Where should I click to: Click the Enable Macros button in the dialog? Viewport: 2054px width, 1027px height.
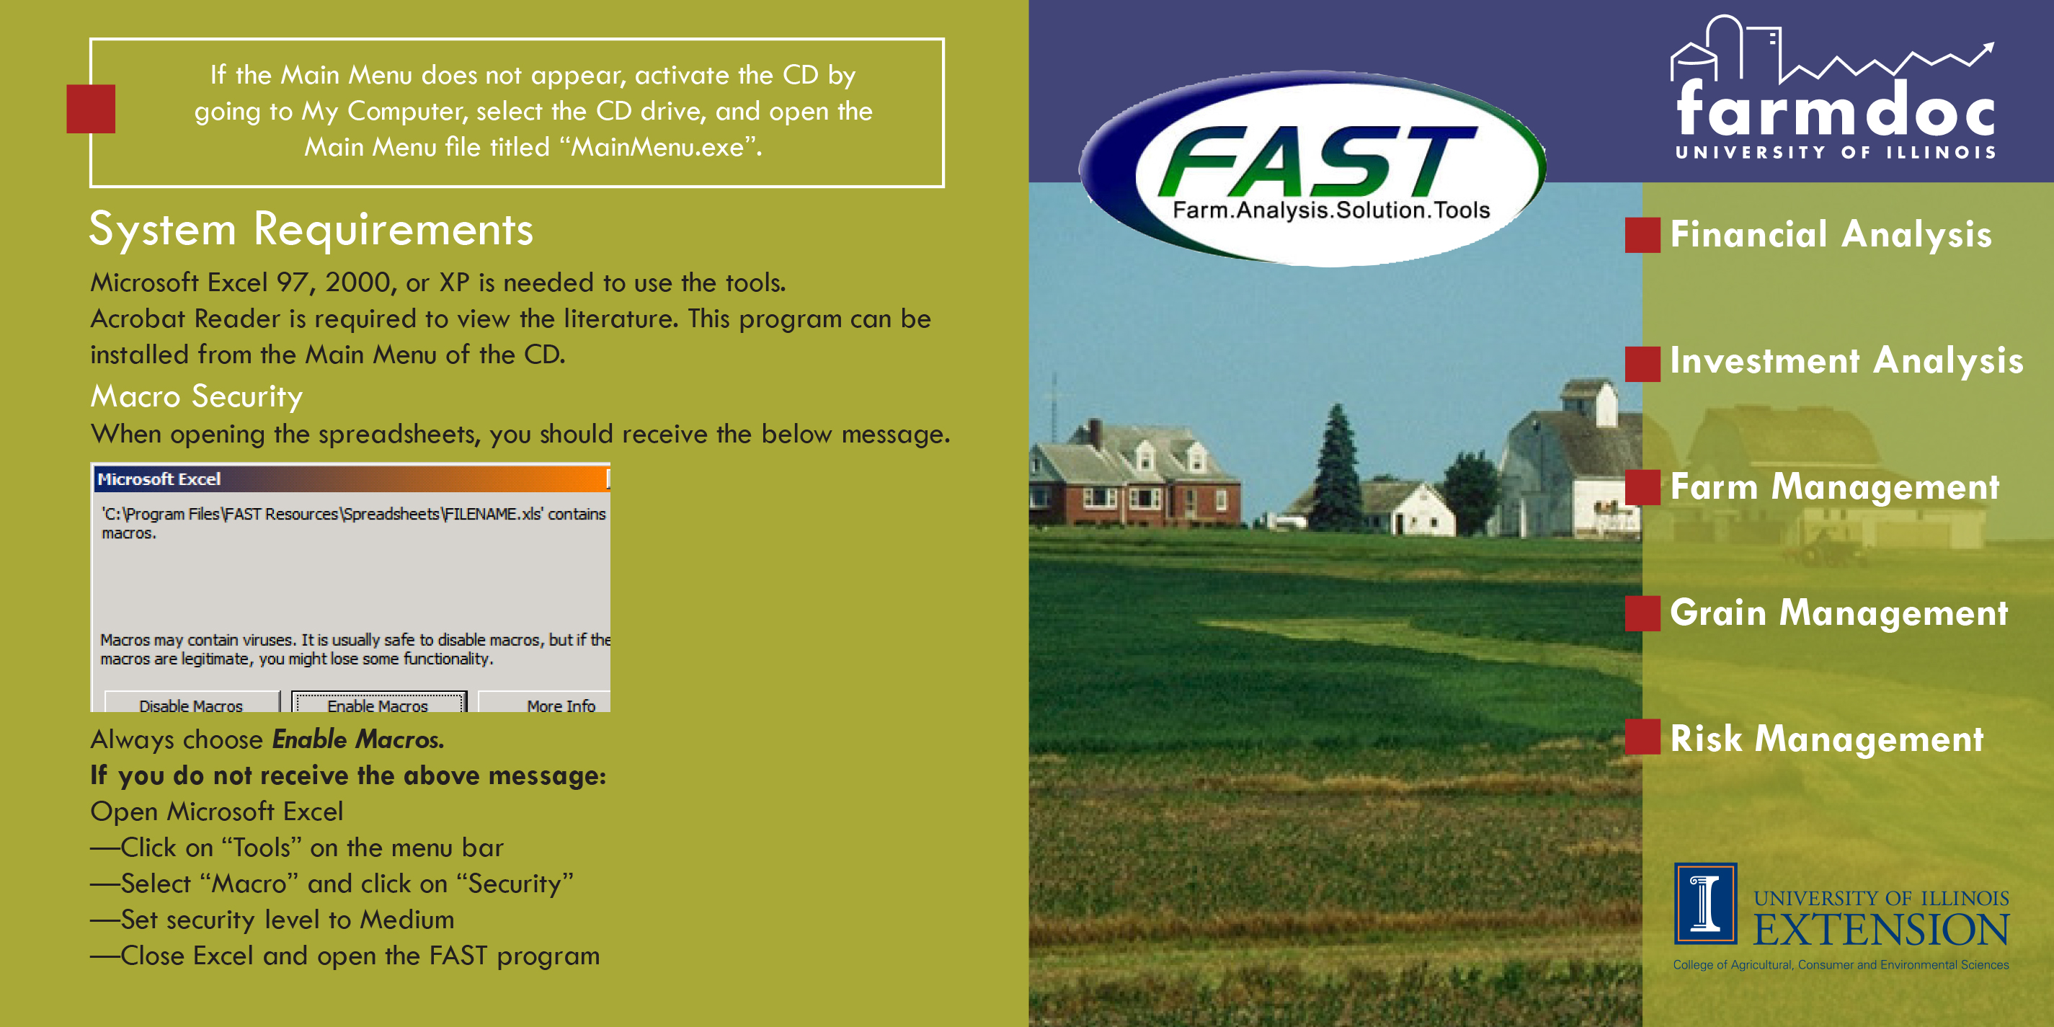click(379, 702)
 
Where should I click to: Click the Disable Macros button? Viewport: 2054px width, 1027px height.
click(192, 702)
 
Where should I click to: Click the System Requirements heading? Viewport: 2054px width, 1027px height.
click(311, 231)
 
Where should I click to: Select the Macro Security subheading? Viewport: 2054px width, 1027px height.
click(197, 397)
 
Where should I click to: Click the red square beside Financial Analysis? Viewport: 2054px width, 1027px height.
click(1642, 235)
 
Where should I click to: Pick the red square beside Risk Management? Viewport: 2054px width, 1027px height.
click(1642, 737)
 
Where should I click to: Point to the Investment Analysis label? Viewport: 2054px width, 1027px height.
click(1846, 361)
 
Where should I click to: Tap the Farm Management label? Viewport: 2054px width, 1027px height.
click(1835, 487)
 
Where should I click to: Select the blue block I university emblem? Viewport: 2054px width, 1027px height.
click(1706, 904)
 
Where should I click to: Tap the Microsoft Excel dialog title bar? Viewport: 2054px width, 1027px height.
click(352, 479)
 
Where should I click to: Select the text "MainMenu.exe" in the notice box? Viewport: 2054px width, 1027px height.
click(659, 148)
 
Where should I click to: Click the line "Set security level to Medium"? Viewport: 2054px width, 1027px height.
click(272, 920)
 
